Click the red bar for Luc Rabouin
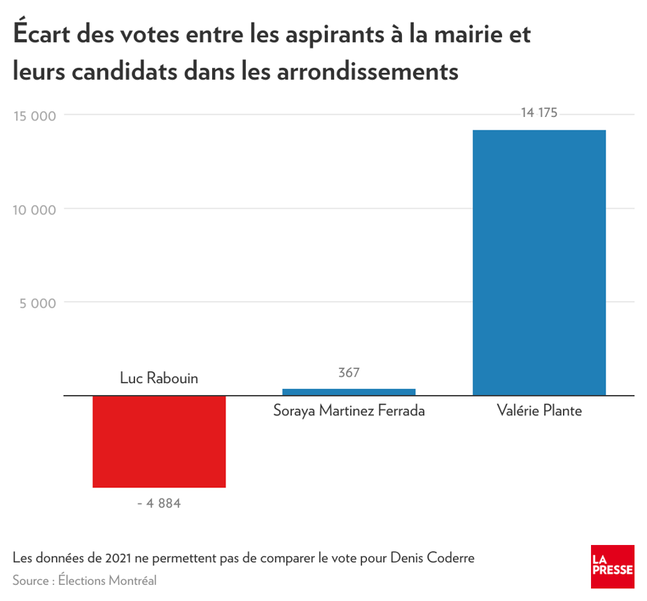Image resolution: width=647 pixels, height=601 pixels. (159, 441)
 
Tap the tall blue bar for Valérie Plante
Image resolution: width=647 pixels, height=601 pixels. (538, 263)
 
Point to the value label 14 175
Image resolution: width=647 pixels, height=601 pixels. (538, 113)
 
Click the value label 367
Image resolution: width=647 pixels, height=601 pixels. (349, 373)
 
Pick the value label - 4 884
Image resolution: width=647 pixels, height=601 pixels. (159, 503)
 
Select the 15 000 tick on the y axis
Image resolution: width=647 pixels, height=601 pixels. (34, 116)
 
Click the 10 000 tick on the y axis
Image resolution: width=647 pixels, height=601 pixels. (34, 209)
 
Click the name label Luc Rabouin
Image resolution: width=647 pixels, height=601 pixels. (159, 378)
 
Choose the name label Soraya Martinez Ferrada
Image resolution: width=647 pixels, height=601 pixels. (349, 410)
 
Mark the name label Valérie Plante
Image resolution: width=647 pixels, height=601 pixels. (538, 410)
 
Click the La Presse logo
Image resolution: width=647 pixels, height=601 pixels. (612, 567)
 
